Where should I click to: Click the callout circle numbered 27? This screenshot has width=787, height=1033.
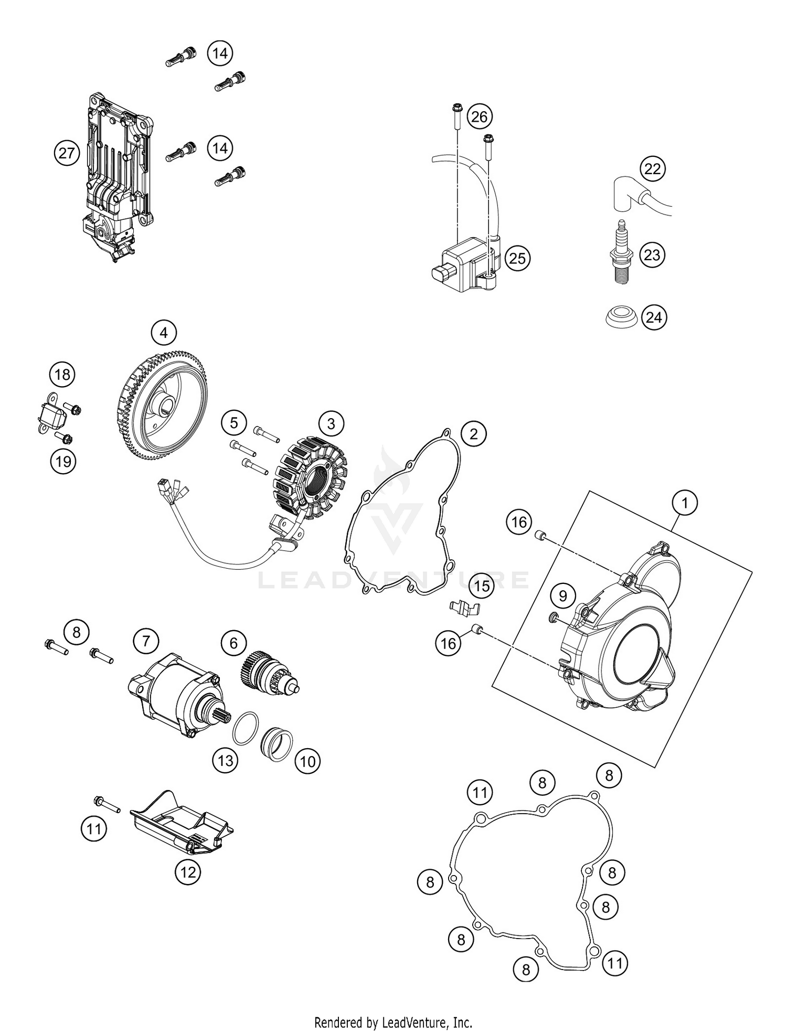coord(67,154)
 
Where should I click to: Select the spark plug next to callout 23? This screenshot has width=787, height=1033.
coord(623,253)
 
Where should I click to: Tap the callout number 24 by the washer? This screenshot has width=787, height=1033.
coord(654,317)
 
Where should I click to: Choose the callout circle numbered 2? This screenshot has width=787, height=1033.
coord(474,434)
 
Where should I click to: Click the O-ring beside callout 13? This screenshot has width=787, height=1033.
coord(245,728)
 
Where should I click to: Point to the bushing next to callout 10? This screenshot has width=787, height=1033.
coord(277,740)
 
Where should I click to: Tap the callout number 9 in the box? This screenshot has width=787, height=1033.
coord(563,596)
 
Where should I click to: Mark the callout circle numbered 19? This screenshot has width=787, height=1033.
coord(63,462)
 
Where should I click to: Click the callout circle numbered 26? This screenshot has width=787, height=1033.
coord(479,116)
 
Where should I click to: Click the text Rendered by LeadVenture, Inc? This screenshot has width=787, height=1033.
coord(393,1022)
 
